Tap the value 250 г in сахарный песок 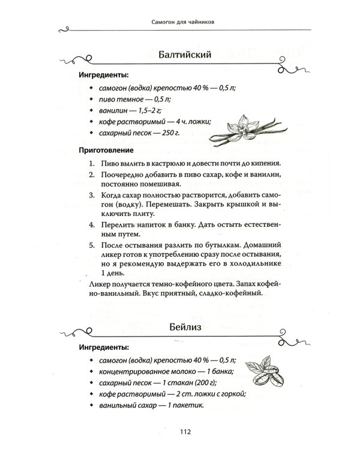click(x=172, y=133)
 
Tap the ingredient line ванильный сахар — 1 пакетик click(x=148, y=405)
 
